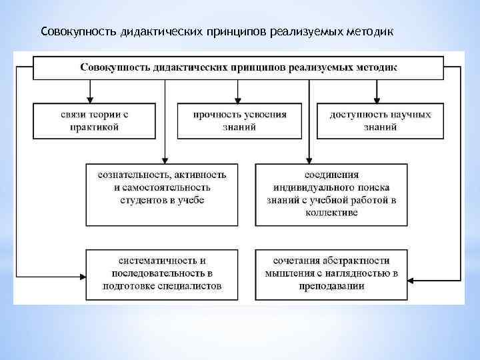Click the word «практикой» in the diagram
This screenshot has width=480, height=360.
pyautogui.click(x=94, y=127)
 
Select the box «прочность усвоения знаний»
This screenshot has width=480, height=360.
pyautogui.click(x=240, y=121)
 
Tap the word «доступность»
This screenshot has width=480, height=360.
pyautogui.click(x=355, y=115)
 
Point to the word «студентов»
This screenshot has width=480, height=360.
pyautogui.click(x=146, y=200)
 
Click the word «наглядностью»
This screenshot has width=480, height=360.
pyautogui.click(x=359, y=273)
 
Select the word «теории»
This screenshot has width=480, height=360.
pyautogui.click(x=101, y=115)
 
